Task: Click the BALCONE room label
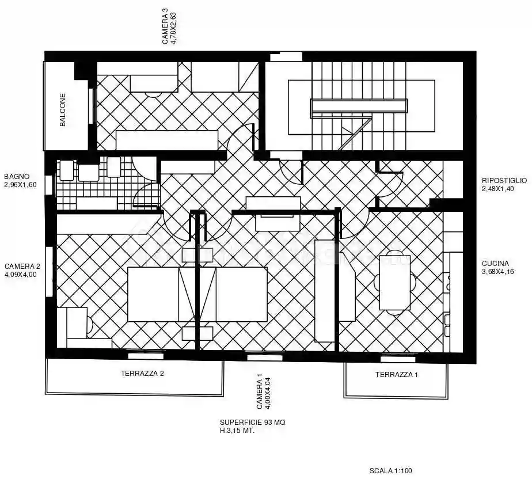[62, 110]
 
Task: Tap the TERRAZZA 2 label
[142, 374]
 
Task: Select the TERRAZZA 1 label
[397, 375]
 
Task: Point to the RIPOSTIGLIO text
[504, 181]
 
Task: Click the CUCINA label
[496, 264]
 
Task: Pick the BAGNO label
[16, 177]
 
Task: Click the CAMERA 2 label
[22, 267]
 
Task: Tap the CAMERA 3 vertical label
[165, 26]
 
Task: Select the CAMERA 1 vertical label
[260, 391]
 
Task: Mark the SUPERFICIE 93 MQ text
[252, 423]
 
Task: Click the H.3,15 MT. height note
[237, 430]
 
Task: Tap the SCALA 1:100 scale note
[391, 471]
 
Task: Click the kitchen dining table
[395, 283]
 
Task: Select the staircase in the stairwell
[362, 107]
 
